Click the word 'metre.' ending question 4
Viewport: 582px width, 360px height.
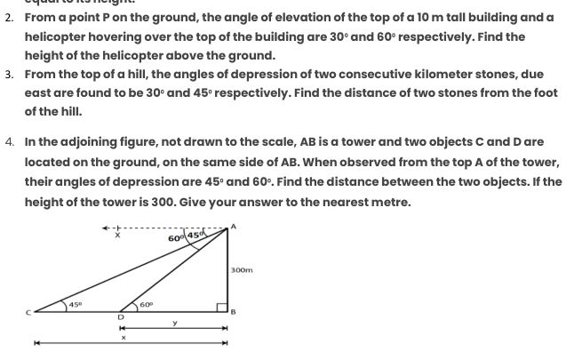click(x=390, y=201)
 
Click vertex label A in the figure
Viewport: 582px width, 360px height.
click(x=234, y=226)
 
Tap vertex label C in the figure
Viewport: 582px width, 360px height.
click(x=27, y=311)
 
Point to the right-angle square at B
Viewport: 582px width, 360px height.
click(x=223, y=306)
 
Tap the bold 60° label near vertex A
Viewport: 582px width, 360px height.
click(x=175, y=238)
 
